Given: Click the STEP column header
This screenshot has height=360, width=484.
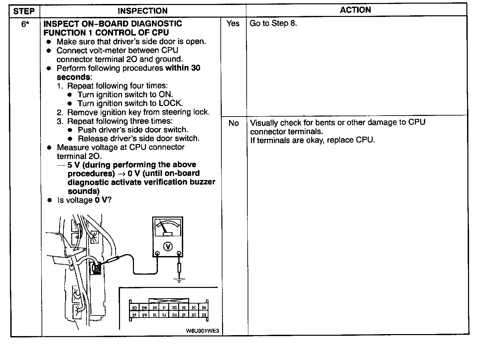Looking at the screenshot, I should [24, 11].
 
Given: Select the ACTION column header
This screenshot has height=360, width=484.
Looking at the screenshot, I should [355, 10].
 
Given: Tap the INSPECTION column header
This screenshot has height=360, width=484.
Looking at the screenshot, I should [143, 11].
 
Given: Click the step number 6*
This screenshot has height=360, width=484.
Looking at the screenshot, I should [24, 24].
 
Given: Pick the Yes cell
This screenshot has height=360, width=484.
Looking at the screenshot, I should [233, 23].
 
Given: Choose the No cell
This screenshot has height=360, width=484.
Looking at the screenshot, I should [233, 123].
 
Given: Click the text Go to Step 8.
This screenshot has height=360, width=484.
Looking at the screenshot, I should [273, 23].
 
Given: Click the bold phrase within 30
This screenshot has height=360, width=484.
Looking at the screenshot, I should [183, 68].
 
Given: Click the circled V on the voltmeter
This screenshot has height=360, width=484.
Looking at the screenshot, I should [168, 246].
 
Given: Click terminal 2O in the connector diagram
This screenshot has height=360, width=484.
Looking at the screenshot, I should [134, 308].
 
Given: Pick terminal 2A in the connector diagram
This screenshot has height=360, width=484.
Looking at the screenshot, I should [204, 308].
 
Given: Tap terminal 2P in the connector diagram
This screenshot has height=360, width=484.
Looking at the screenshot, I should [134, 315].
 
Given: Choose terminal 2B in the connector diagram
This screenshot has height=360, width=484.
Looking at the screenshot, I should [204, 315].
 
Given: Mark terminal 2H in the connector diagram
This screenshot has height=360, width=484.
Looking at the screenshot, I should [174, 315].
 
